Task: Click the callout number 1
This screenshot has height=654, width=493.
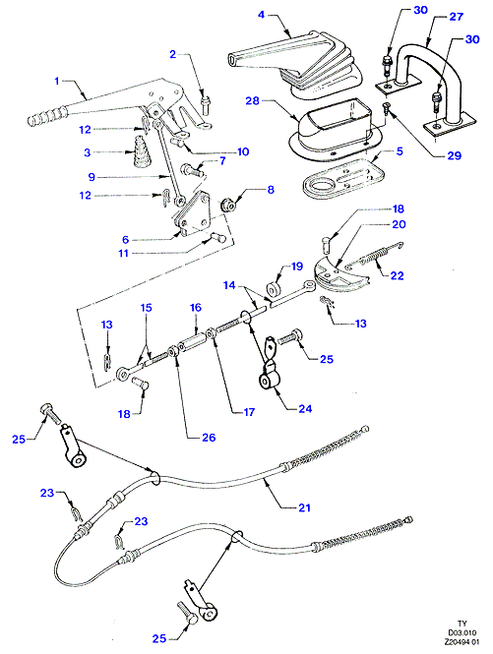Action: click(x=57, y=81)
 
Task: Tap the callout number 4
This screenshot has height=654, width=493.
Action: click(x=262, y=15)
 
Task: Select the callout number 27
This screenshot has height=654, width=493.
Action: click(x=457, y=17)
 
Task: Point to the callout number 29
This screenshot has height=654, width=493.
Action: click(x=455, y=155)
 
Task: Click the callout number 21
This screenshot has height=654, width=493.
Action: click(x=304, y=507)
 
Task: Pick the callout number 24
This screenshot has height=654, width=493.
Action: click(x=305, y=409)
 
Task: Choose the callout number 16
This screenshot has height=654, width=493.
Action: click(x=196, y=308)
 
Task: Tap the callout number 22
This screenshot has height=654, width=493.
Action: click(x=397, y=275)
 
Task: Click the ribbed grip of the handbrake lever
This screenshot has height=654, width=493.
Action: click(x=46, y=115)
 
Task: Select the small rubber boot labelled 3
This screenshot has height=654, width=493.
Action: click(x=139, y=151)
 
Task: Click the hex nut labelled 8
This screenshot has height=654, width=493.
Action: click(x=227, y=206)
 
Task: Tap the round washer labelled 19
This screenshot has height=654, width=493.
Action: click(x=274, y=288)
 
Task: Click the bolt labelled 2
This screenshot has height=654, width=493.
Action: click(x=205, y=104)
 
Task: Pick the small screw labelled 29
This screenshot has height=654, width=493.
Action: click(x=387, y=109)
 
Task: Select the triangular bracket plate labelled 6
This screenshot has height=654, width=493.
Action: click(x=196, y=212)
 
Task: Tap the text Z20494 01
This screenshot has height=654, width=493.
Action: click(x=462, y=641)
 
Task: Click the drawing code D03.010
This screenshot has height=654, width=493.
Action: click(x=462, y=632)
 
